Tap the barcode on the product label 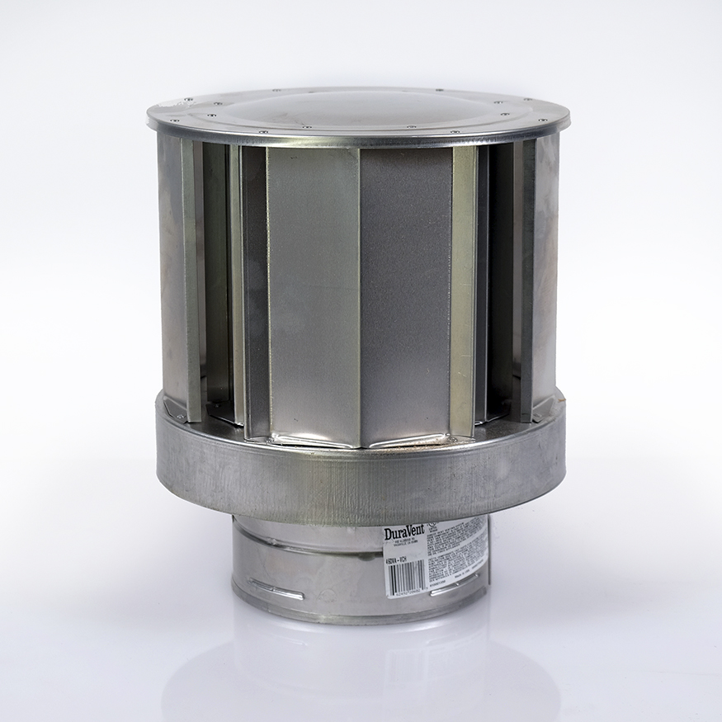405,577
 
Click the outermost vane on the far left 172,272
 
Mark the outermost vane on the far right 546,272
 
